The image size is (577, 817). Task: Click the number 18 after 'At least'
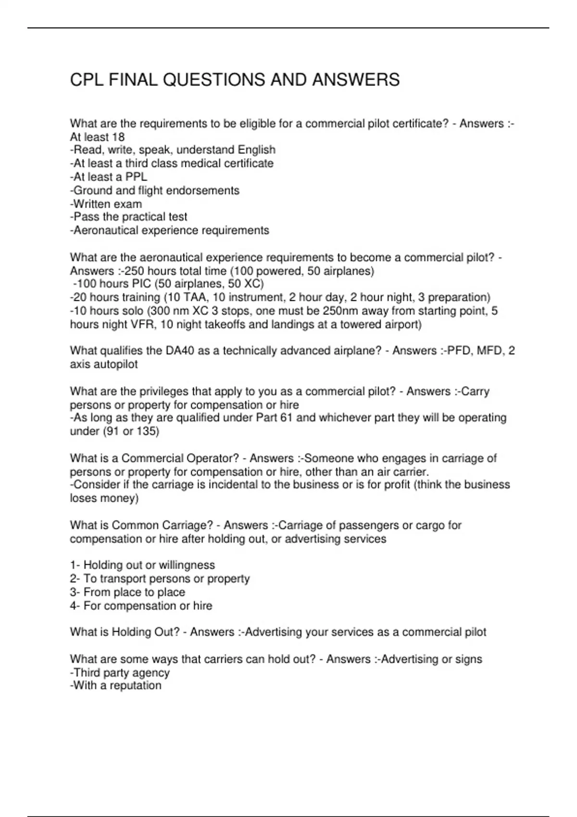[118, 137]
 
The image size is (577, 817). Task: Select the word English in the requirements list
[257, 150]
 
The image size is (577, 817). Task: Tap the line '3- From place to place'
[127, 592]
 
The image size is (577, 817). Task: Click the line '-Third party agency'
[120, 673]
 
